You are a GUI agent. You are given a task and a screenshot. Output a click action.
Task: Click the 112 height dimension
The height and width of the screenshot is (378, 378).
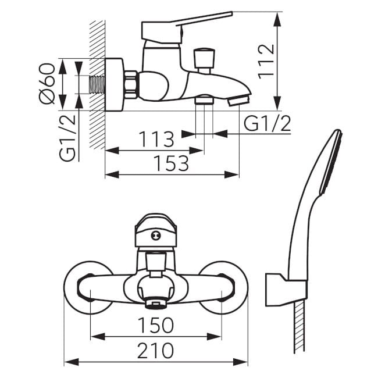[x=266, y=62]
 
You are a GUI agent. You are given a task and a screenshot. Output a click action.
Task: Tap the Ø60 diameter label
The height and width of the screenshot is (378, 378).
[x=47, y=83]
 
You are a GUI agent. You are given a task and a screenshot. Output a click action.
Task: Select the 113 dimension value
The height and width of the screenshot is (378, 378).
[x=156, y=139]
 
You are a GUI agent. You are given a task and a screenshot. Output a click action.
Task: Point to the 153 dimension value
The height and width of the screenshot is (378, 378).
[x=172, y=163]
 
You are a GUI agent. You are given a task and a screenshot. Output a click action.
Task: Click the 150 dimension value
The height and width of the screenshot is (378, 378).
[x=156, y=325]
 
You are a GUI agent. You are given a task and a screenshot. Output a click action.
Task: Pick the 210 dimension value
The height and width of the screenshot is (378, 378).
[x=155, y=351]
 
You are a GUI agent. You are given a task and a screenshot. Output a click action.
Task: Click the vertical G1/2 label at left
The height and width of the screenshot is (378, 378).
[x=67, y=138]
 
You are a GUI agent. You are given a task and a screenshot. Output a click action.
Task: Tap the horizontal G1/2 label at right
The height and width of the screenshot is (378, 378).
[x=267, y=123]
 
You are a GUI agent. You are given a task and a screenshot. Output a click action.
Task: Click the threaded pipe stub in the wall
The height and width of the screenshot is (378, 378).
[x=97, y=84]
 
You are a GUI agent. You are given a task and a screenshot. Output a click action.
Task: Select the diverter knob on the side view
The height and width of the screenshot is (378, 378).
[x=204, y=61]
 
